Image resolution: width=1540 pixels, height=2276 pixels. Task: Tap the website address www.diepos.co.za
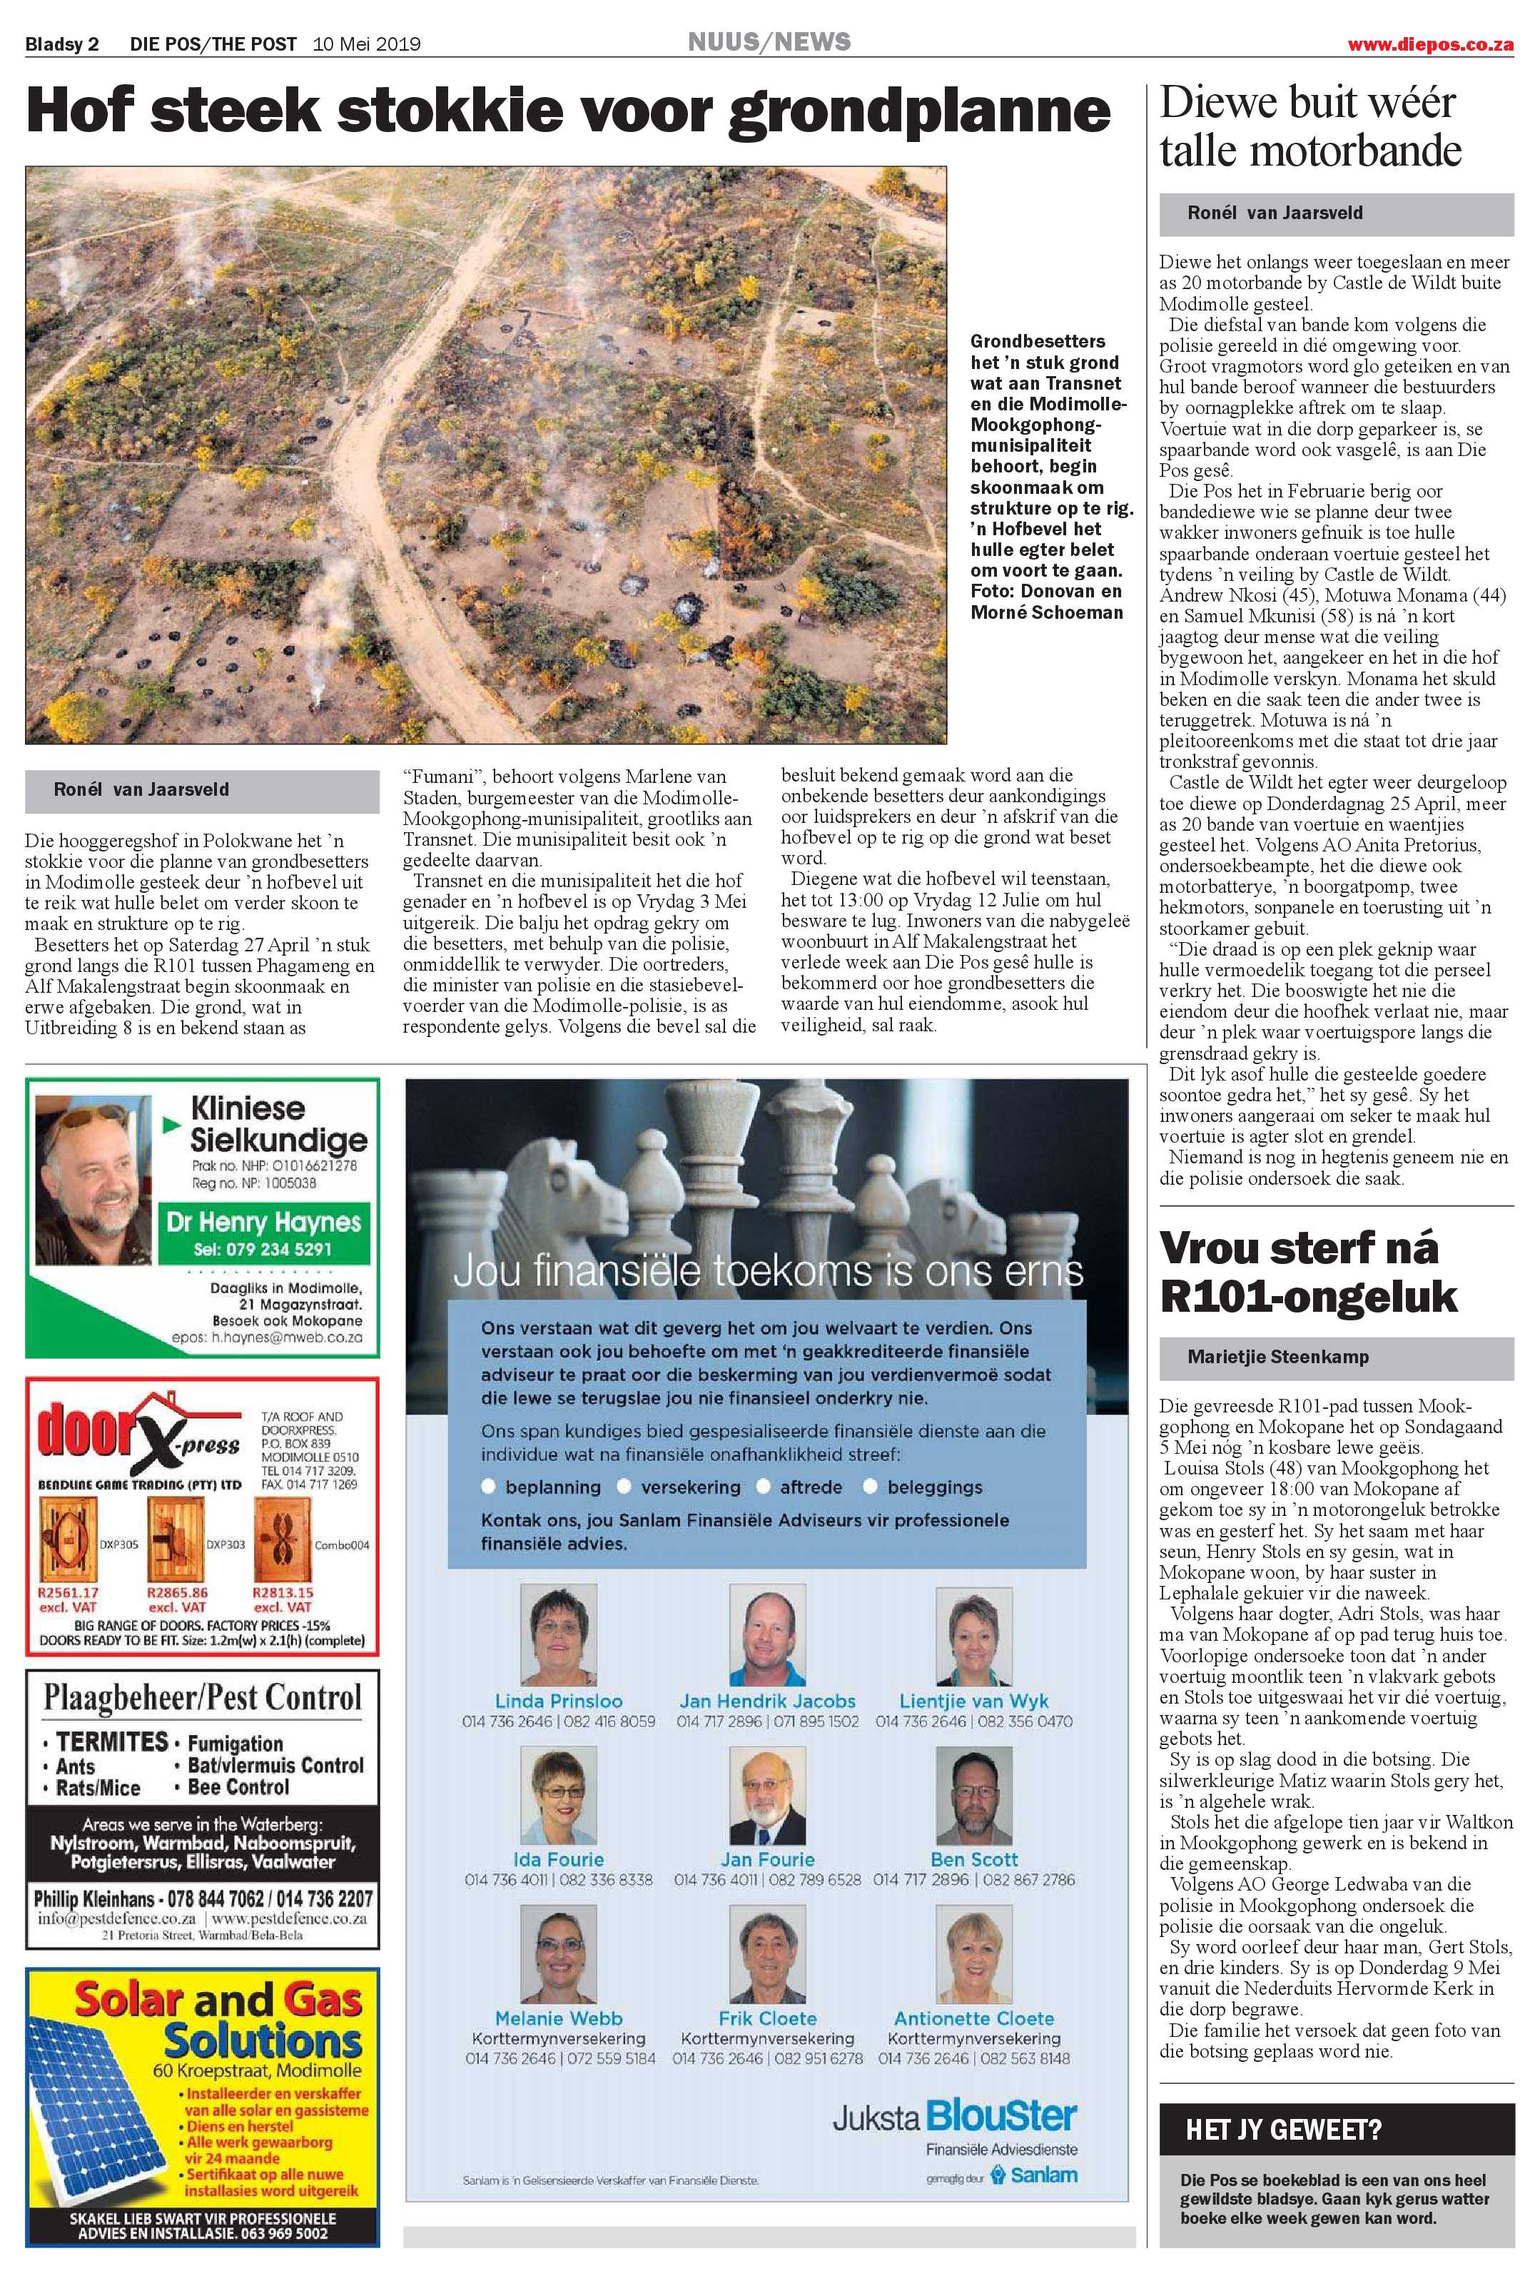pyautogui.click(x=1429, y=44)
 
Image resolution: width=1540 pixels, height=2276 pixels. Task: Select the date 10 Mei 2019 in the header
pyautogui.click(x=366, y=44)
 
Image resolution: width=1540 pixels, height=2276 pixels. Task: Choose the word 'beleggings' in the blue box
pyautogui.click(x=934, y=1487)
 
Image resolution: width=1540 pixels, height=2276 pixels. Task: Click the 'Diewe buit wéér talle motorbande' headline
pyautogui.click(x=1309, y=126)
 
